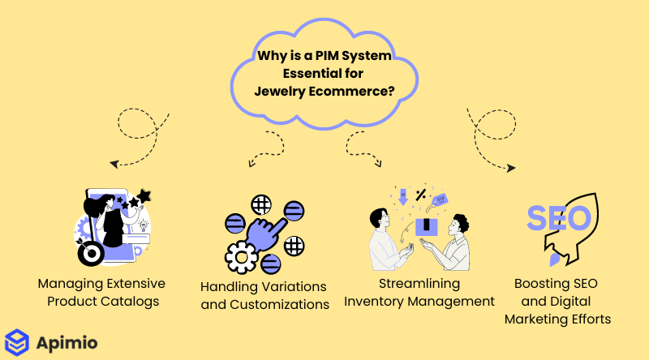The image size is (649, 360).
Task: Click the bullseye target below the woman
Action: tap(92, 254)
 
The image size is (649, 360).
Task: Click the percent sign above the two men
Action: tap(420, 195)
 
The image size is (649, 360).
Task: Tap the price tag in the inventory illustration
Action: tap(441, 199)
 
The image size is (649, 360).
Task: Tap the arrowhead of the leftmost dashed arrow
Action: tap(113, 164)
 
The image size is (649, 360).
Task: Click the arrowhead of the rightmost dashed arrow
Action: tap(512, 168)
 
